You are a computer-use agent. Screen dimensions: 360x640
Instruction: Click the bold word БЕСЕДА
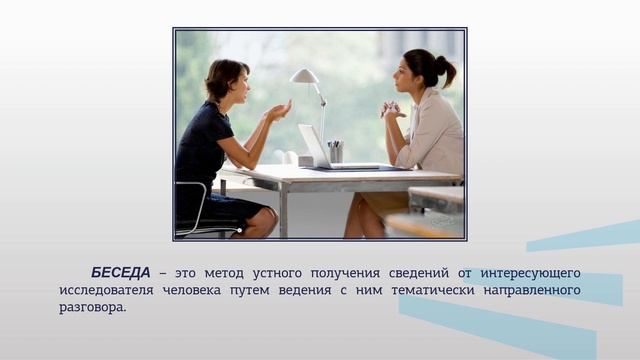point(120,273)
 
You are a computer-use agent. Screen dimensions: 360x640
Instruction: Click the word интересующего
point(531,273)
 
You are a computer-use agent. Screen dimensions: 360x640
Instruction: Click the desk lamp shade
point(304,76)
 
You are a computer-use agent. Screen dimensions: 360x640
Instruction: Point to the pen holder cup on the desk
point(336,153)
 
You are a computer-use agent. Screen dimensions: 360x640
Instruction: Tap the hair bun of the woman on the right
point(445,69)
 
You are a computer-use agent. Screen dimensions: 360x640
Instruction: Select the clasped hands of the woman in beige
point(391,109)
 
